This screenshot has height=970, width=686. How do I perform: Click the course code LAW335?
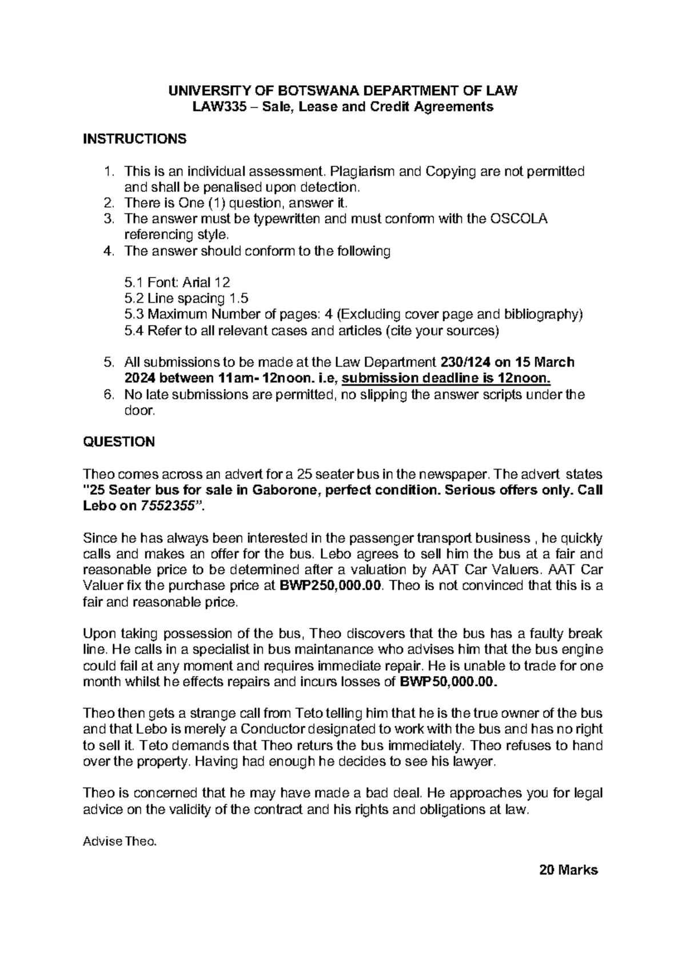coord(216,107)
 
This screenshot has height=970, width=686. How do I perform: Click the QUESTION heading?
coord(119,442)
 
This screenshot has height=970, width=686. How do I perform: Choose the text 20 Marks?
coord(568,870)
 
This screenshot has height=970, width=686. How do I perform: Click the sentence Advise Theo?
coord(119,841)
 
